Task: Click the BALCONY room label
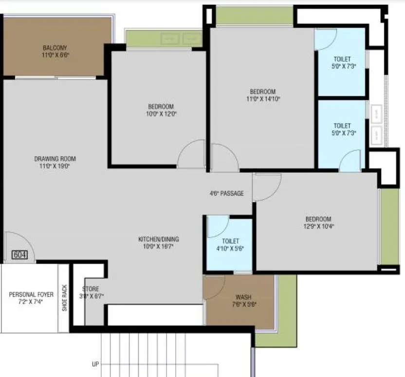click(55, 48)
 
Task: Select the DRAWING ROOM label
click(55, 159)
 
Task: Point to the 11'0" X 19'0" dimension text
click(55, 166)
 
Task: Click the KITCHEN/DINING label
click(158, 239)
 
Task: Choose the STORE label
click(91, 288)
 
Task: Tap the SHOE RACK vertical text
click(64, 297)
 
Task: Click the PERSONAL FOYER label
click(31, 294)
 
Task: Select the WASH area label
click(243, 297)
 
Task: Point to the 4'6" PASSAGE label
click(226, 193)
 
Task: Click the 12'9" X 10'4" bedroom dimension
click(318, 226)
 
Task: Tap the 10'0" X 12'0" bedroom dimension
click(161, 114)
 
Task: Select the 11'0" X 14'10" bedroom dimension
click(263, 99)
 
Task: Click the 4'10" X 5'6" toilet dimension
click(230, 248)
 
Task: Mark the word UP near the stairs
click(95, 364)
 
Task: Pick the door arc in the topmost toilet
click(325, 39)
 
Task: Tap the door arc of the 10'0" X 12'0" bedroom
click(191, 155)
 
